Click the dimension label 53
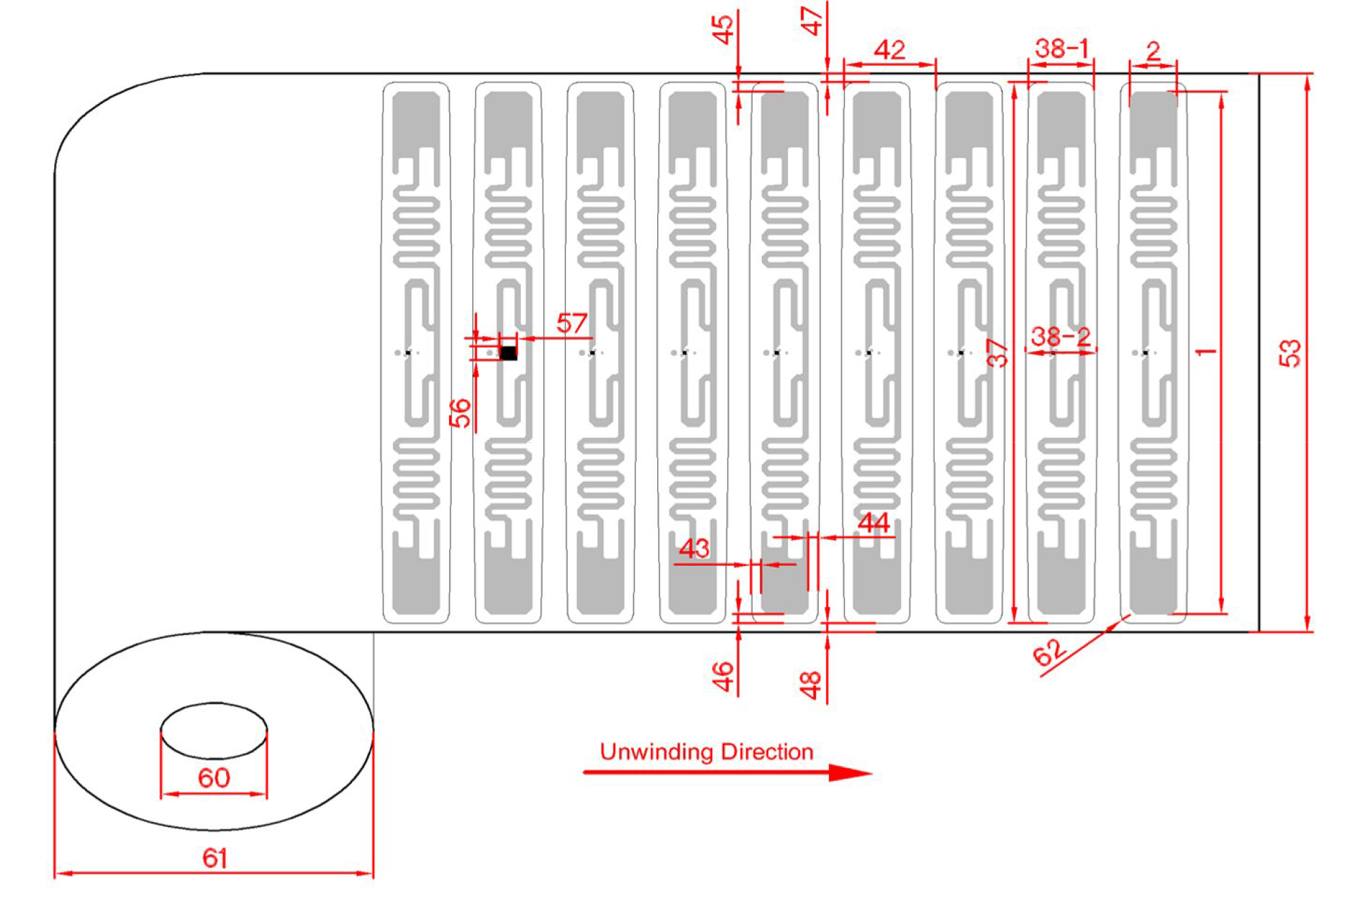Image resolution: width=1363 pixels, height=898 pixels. point(1290,353)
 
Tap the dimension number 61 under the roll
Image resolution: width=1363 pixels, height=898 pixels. point(214,858)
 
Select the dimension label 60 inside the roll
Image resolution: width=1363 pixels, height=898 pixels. point(214,778)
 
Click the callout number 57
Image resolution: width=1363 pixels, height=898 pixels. point(572,323)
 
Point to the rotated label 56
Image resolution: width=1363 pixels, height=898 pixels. point(461,413)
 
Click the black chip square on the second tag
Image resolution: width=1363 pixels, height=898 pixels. point(508,353)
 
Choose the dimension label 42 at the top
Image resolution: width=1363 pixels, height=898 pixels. point(889,50)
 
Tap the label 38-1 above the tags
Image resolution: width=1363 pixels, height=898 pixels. point(1060,49)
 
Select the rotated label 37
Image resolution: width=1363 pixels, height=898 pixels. point(998,353)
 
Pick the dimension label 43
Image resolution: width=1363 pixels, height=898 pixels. point(694,548)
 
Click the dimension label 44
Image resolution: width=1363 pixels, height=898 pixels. point(874,524)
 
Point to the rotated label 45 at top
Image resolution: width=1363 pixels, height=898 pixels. point(722,29)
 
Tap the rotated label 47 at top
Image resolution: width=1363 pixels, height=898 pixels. point(811,21)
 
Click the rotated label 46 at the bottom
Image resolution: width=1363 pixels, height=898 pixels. point(723,676)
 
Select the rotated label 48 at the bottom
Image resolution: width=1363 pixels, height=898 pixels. point(811,684)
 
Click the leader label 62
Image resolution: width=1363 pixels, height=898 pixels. point(1049,652)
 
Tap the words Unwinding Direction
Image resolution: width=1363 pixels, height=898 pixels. point(706,752)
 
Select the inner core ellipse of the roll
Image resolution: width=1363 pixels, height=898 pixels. point(214,730)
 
